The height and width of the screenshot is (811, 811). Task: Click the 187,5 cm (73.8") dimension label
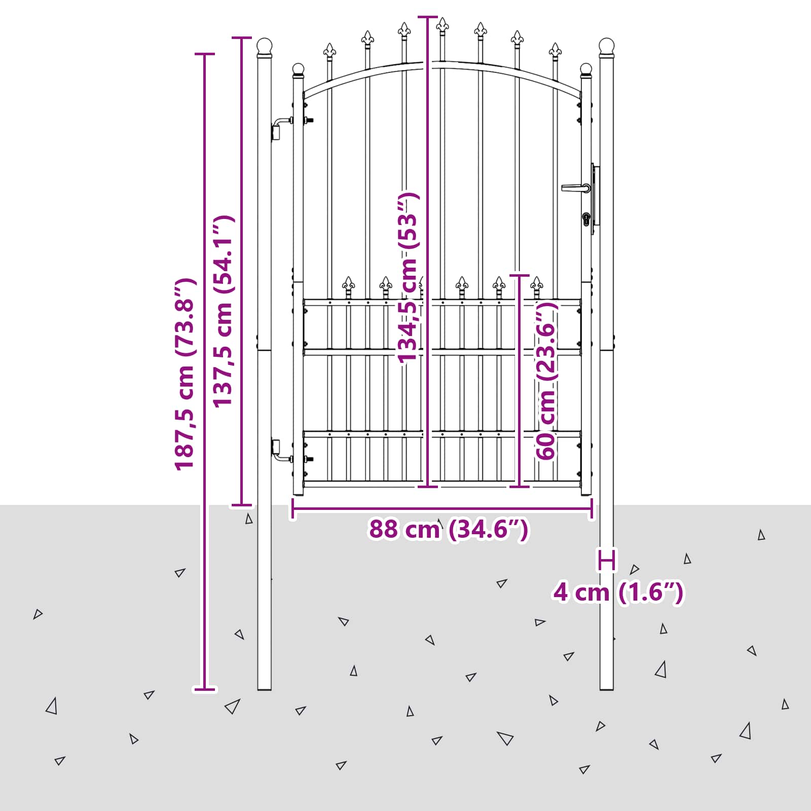coord(185,374)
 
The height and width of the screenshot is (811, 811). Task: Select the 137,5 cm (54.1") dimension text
coord(223,311)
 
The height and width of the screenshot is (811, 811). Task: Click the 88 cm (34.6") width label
coord(449,529)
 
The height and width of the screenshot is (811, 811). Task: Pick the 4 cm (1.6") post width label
coord(618,592)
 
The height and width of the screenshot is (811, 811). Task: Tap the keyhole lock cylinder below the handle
coord(587,219)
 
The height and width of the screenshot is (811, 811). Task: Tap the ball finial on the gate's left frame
coord(298,70)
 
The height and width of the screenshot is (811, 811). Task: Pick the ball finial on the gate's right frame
coord(586,70)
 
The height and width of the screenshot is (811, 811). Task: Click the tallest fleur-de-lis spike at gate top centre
coord(443,25)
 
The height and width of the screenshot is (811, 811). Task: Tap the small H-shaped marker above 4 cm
coord(607,560)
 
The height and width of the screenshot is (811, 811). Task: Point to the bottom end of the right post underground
coord(607,689)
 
